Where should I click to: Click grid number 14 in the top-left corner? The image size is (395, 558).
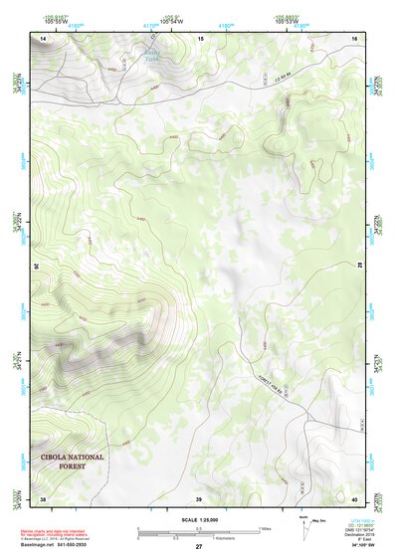(x=43, y=37)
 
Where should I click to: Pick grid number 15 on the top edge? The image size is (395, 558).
(x=199, y=37)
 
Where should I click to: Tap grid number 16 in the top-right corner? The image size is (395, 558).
(x=354, y=37)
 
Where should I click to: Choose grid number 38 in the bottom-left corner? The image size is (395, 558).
(x=43, y=498)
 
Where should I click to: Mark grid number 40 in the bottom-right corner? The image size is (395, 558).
(x=354, y=498)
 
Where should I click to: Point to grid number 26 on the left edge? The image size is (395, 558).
(x=38, y=267)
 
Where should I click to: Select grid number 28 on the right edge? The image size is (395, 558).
(x=360, y=267)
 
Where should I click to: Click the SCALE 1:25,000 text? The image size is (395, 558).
(x=198, y=518)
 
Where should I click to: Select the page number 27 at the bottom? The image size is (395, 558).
(x=198, y=548)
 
